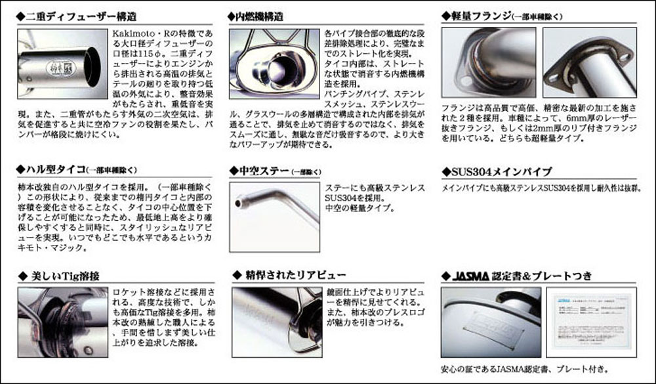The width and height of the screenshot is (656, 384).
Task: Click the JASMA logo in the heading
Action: point(474,274)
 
